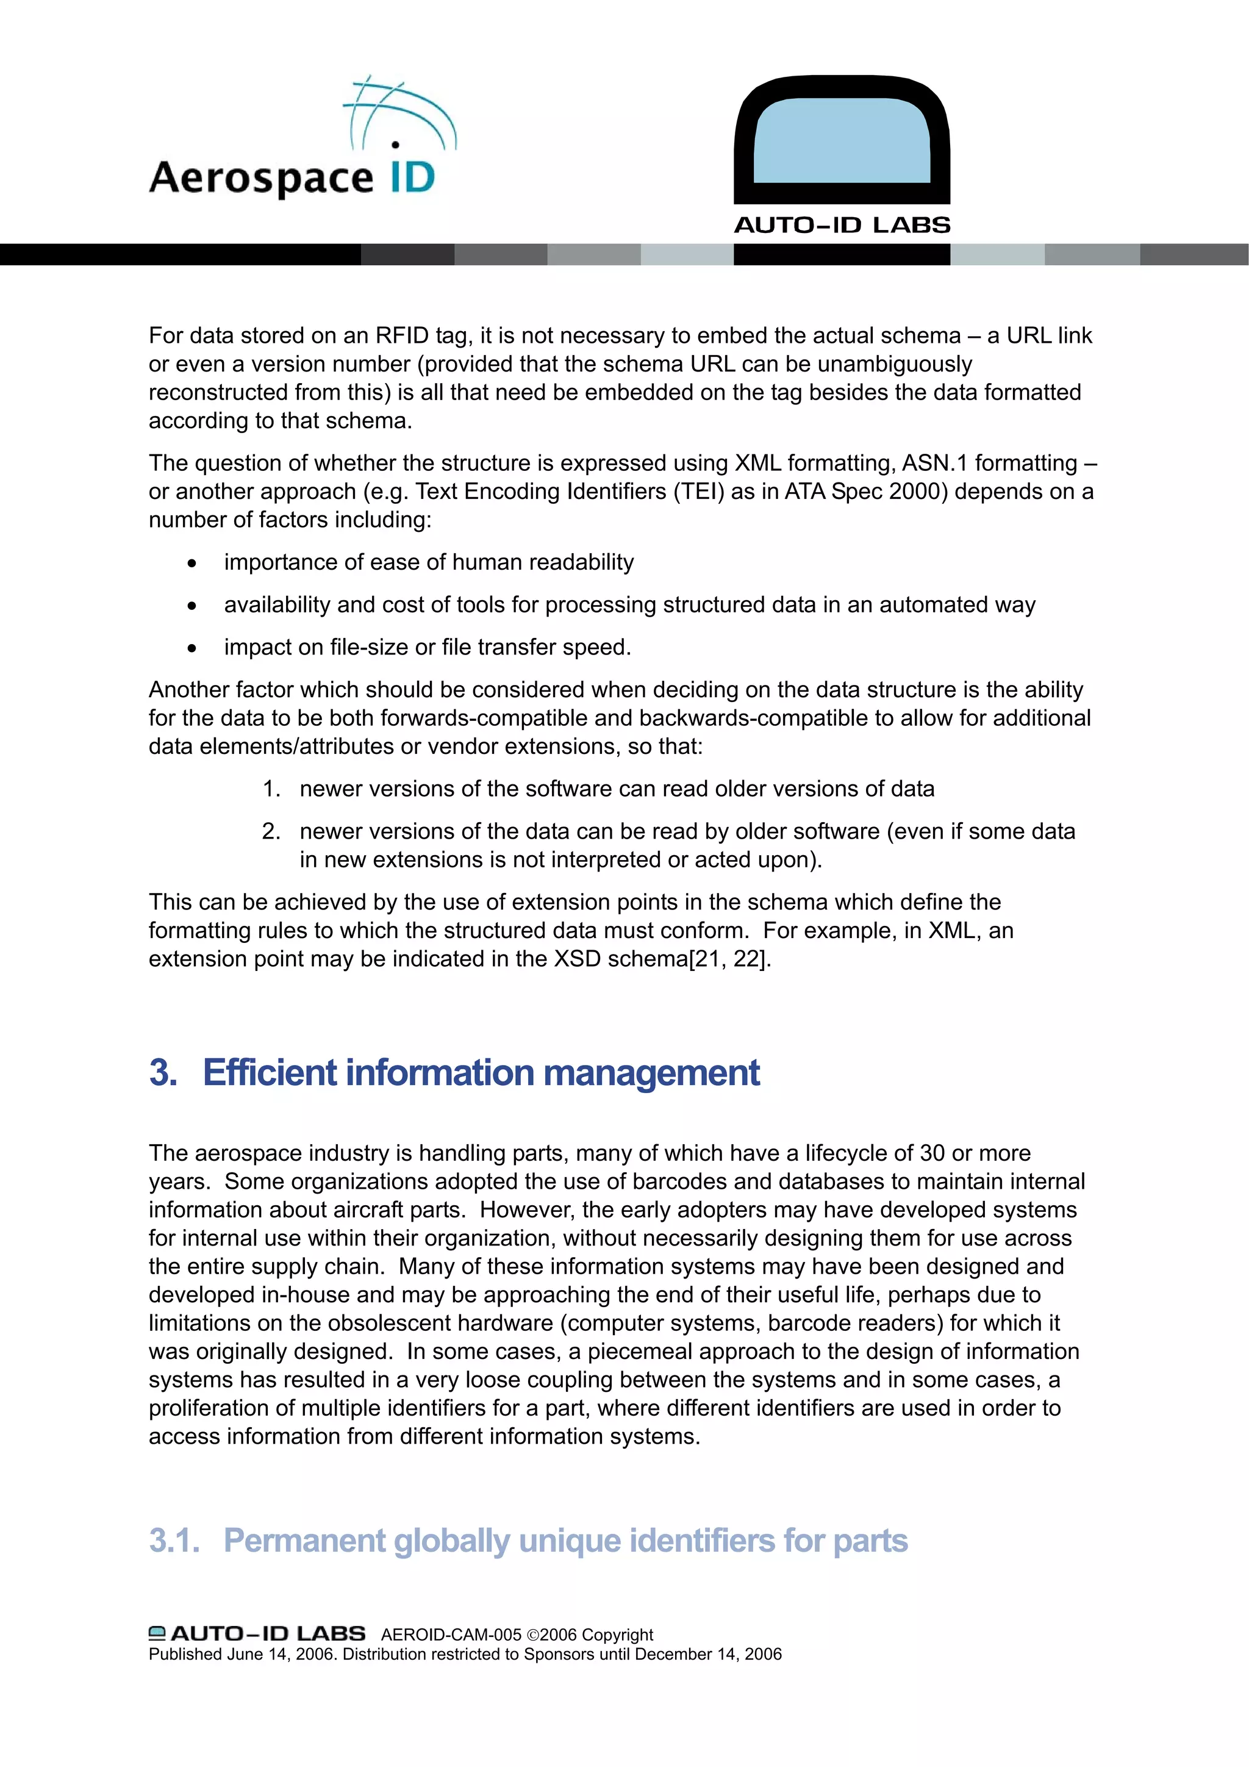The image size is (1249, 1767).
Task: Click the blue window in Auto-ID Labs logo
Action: click(x=841, y=140)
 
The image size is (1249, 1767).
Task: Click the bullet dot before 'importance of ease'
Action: click(x=191, y=564)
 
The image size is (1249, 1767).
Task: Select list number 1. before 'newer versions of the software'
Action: click(x=271, y=789)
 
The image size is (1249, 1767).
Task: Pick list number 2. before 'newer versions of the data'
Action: click(x=271, y=831)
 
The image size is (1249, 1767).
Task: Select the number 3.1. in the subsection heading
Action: click(x=174, y=1541)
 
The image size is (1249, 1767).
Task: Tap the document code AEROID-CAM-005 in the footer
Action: click(x=451, y=1635)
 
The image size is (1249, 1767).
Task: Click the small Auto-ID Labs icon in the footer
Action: click(x=157, y=1633)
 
